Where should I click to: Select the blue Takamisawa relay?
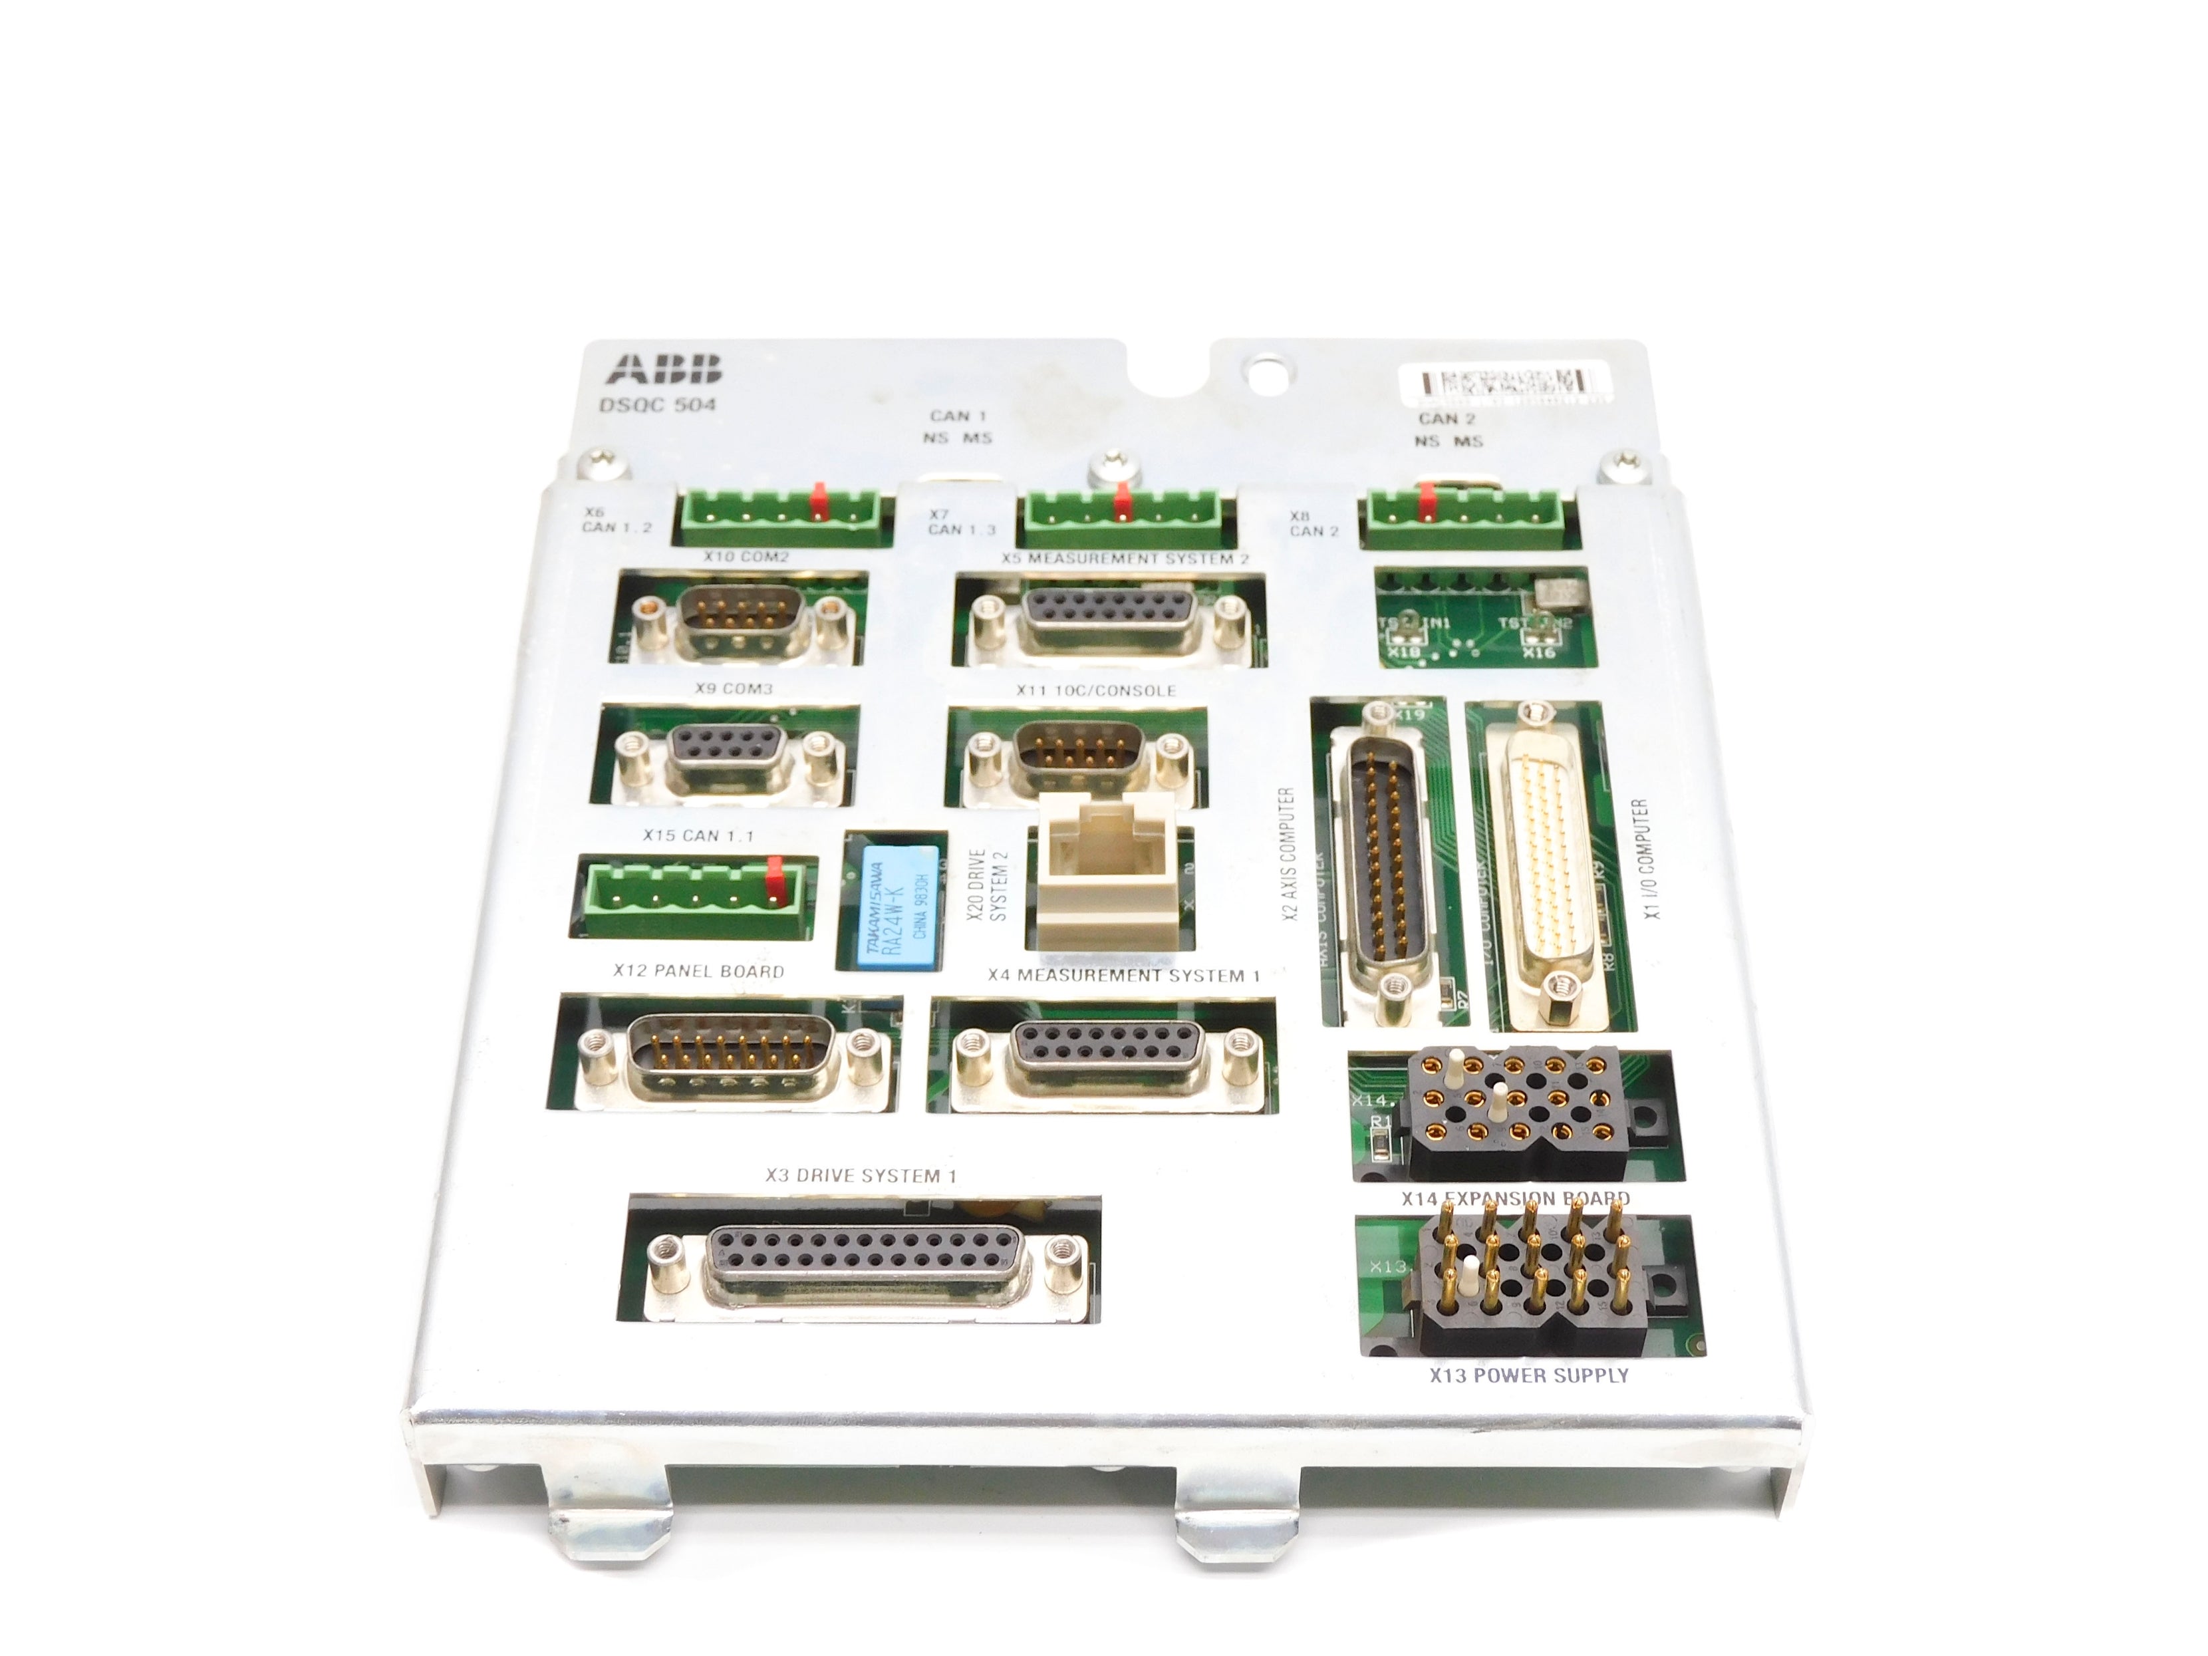click(897, 906)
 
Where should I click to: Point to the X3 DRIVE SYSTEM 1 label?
click(861, 1176)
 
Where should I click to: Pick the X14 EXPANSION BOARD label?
click(1515, 1198)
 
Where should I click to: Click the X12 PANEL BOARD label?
click(699, 971)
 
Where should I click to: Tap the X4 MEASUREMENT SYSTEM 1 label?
click(1123, 975)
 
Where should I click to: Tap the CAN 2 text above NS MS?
click(1447, 418)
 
